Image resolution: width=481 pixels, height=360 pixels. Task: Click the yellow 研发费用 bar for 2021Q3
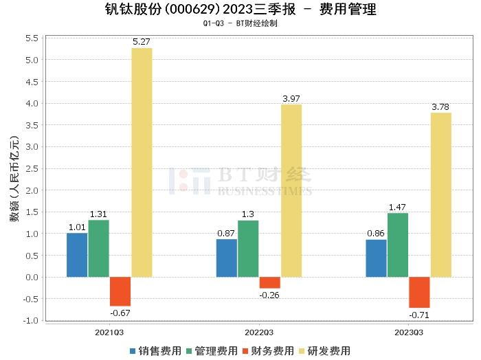pyautogui.click(x=142, y=162)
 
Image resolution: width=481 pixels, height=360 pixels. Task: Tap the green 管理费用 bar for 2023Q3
pyautogui.click(x=397, y=245)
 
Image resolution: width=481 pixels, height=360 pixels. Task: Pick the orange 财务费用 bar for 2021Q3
pyautogui.click(x=120, y=291)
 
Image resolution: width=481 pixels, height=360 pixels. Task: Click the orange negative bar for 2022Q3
pyautogui.click(x=269, y=282)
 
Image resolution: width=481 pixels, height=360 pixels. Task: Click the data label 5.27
pyautogui.click(x=141, y=42)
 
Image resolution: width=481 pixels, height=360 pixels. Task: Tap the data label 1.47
pyautogui.click(x=398, y=207)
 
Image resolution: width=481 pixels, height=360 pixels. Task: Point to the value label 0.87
pyautogui.click(x=226, y=233)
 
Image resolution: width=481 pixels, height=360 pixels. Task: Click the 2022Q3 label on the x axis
pyautogui.click(x=258, y=333)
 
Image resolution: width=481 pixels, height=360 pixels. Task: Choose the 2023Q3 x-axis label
pyautogui.click(x=408, y=333)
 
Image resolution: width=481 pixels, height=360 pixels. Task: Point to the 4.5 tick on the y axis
pyautogui.click(x=32, y=82)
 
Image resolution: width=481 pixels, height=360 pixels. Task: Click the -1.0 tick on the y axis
pyautogui.click(x=30, y=320)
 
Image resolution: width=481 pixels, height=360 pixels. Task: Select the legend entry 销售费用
pyautogui.click(x=154, y=350)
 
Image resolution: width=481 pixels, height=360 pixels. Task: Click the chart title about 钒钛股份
pyautogui.click(x=240, y=10)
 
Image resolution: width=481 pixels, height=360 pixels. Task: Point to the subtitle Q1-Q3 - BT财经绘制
pyautogui.click(x=240, y=23)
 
